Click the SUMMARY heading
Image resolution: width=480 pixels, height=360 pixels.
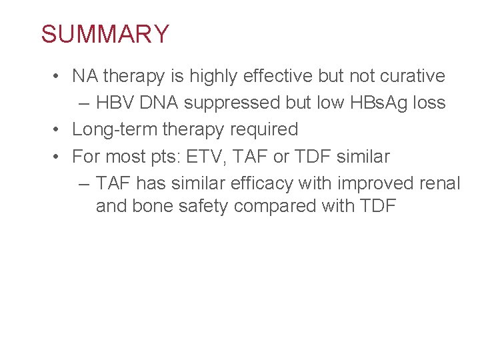click(x=105, y=34)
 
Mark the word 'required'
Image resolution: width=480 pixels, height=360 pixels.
click(x=264, y=130)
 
